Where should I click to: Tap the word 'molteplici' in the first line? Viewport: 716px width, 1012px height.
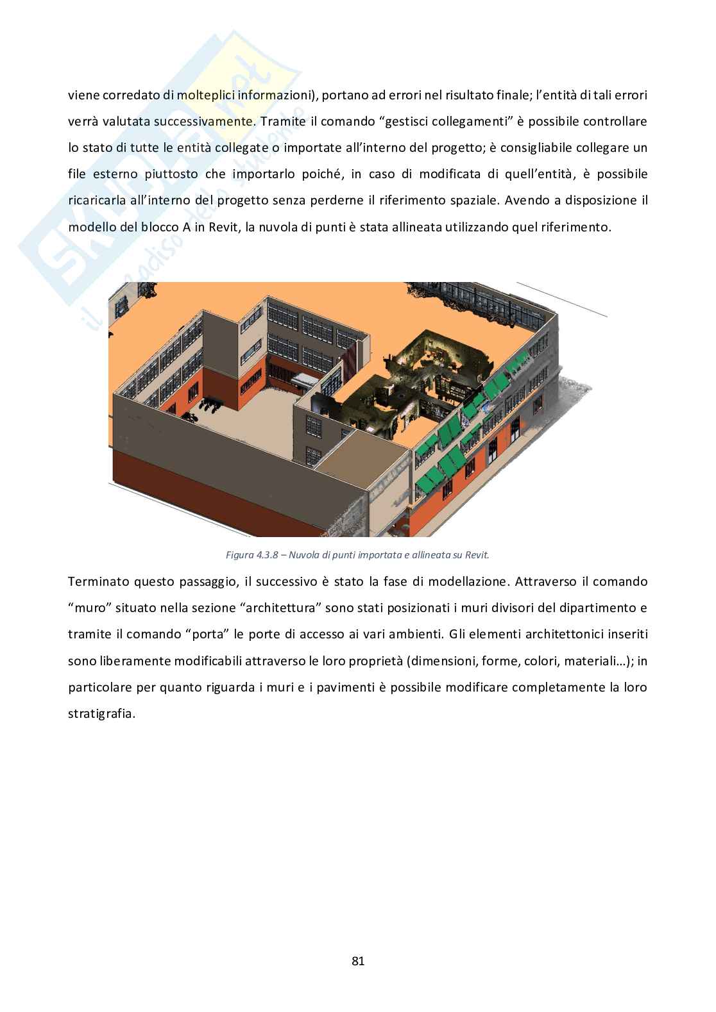206,95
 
